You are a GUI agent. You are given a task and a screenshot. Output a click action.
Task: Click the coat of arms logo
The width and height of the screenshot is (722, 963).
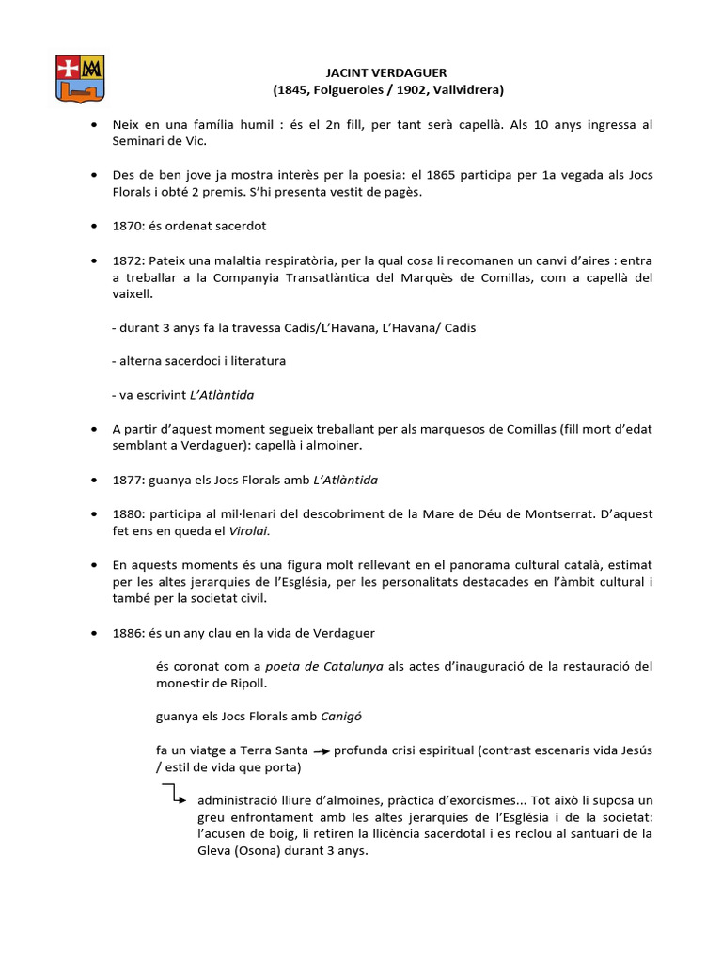(x=79, y=77)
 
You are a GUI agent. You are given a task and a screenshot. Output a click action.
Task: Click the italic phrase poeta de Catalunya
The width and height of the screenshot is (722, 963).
(x=324, y=666)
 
